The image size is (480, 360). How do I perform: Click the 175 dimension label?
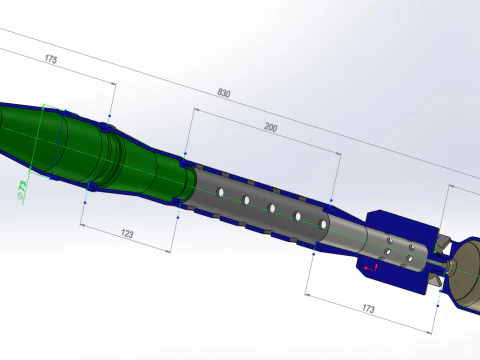point(51,59)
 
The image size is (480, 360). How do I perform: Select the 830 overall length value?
point(224,93)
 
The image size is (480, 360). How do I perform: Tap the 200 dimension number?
point(271,127)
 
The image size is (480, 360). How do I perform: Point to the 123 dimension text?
point(127,234)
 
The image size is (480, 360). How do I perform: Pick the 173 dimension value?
point(368,309)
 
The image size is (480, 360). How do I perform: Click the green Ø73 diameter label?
point(22,190)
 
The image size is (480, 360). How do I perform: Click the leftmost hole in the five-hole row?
point(220,192)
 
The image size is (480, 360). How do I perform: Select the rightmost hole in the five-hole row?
point(323,224)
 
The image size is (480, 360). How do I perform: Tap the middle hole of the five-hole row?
point(272,208)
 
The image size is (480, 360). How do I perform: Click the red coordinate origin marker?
point(372,267)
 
